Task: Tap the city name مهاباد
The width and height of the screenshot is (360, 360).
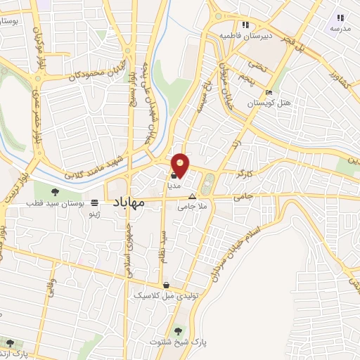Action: coord(127,202)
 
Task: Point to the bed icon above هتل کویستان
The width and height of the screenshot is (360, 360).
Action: coord(269,93)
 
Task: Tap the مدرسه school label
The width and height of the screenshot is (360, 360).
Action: coord(340,28)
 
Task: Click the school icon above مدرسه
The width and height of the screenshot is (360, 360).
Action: coord(340,18)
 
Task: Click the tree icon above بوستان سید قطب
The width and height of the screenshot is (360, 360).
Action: coord(57,191)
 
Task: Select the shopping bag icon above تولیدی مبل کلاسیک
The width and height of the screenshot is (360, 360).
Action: coord(166,285)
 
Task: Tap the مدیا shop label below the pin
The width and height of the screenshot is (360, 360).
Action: coord(174,186)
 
